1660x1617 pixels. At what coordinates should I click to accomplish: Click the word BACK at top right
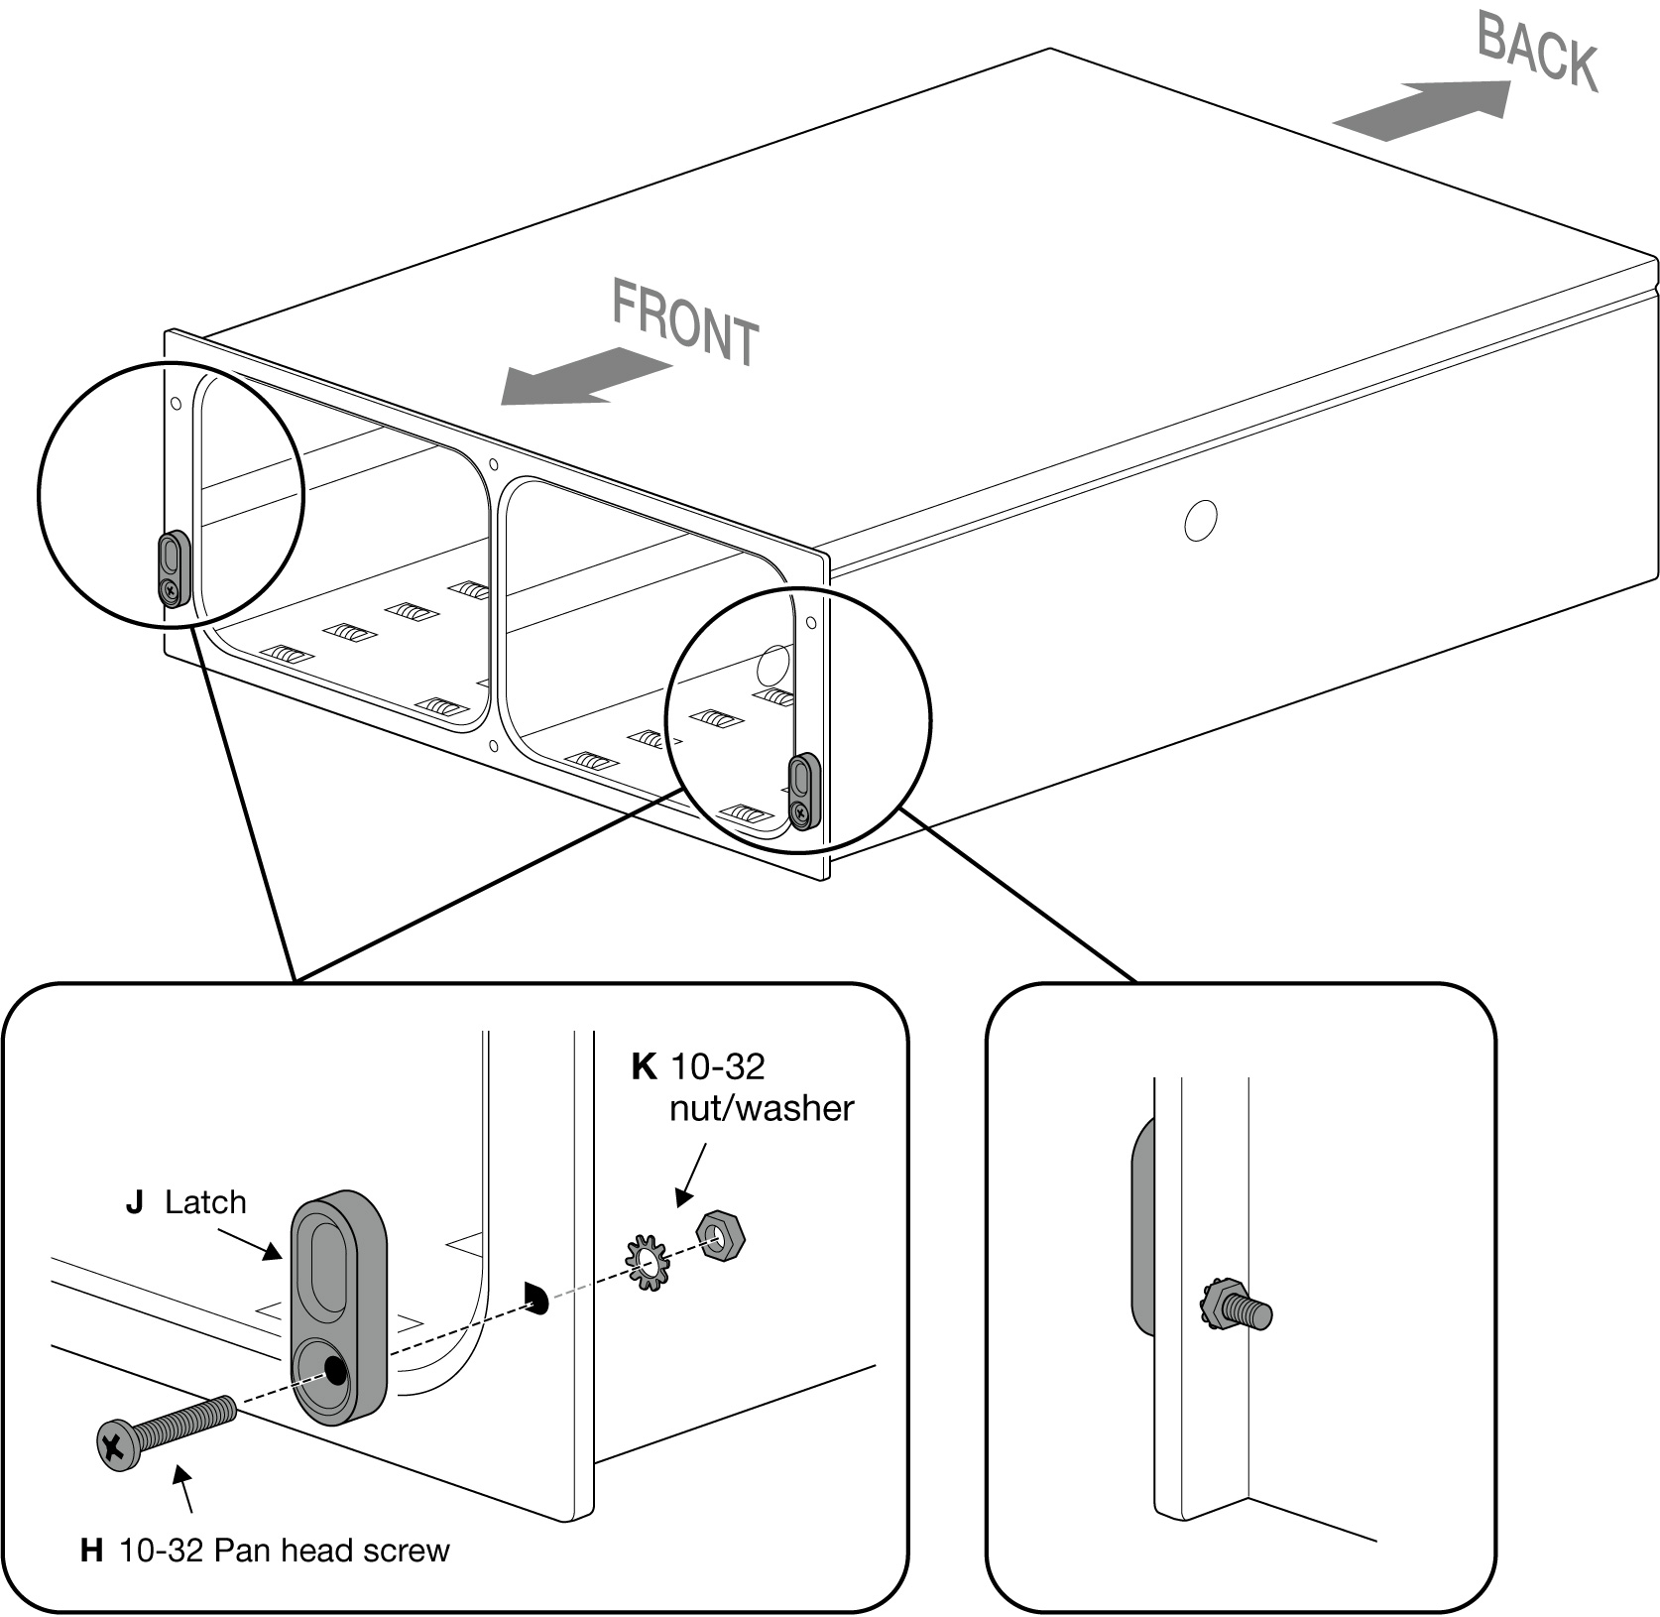click(x=1536, y=52)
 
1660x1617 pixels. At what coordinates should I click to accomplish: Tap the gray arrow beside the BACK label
click(x=1423, y=109)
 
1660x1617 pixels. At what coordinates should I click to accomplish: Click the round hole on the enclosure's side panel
click(x=1200, y=519)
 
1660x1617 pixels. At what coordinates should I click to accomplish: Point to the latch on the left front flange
click(x=174, y=567)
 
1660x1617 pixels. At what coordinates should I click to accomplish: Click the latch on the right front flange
click(x=803, y=791)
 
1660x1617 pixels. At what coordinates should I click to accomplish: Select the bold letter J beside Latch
click(x=134, y=1202)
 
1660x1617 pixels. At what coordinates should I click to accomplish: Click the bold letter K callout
click(x=644, y=1067)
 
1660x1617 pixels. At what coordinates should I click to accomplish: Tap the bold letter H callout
click(x=91, y=1551)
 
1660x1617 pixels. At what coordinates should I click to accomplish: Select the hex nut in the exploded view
click(x=720, y=1235)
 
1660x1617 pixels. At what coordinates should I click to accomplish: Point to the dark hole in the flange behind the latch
click(x=535, y=1296)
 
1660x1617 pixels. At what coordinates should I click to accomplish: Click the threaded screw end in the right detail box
click(x=1255, y=1313)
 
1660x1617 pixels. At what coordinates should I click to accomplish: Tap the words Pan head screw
click(x=331, y=1551)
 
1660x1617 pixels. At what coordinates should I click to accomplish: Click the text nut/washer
click(x=761, y=1108)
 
